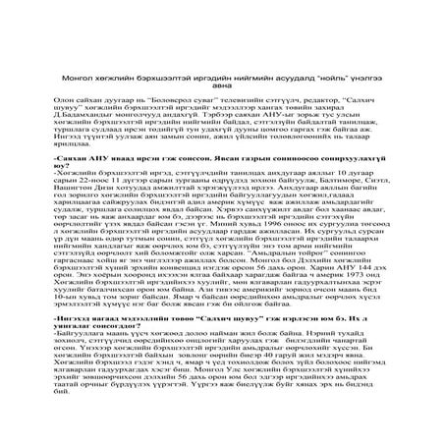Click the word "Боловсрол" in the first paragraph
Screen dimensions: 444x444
157,101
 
